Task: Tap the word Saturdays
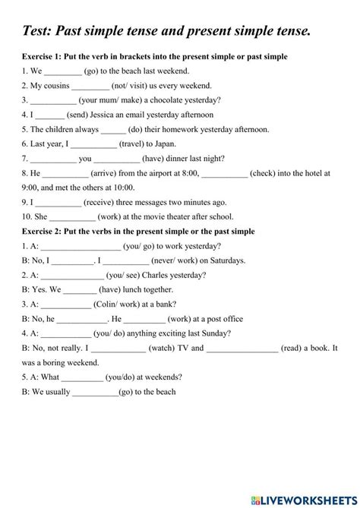pyautogui.click(x=223, y=260)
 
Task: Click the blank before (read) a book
pyautogui.click(x=242, y=347)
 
